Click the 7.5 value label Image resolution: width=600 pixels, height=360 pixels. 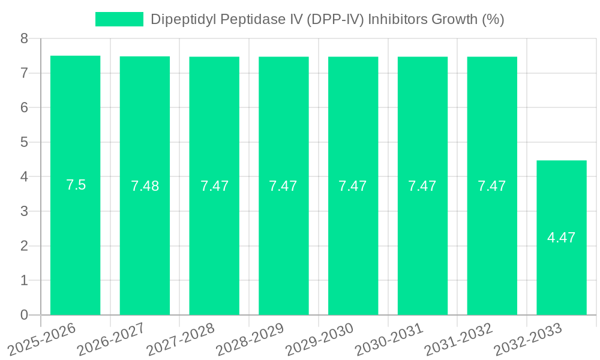[x=76, y=185]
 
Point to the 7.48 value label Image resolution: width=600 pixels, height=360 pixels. [x=145, y=186]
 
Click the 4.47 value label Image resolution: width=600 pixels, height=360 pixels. [x=561, y=238]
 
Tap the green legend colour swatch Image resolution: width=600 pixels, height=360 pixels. [x=119, y=19]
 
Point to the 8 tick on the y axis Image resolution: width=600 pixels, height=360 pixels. [x=25, y=38]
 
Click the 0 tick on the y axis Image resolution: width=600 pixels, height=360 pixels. [x=25, y=315]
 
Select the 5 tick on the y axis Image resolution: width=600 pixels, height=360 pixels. [x=25, y=142]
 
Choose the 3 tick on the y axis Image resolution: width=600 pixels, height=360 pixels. [x=25, y=211]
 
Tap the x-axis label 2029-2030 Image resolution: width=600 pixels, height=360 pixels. [x=320, y=340]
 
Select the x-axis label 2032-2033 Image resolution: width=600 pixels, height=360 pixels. [x=528, y=340]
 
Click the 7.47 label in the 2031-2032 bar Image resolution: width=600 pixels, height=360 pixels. [x=491, y=186]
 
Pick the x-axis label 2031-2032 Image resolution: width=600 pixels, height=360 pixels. [x=459, y=340]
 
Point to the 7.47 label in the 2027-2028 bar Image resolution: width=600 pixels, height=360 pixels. [x=214, y=186]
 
